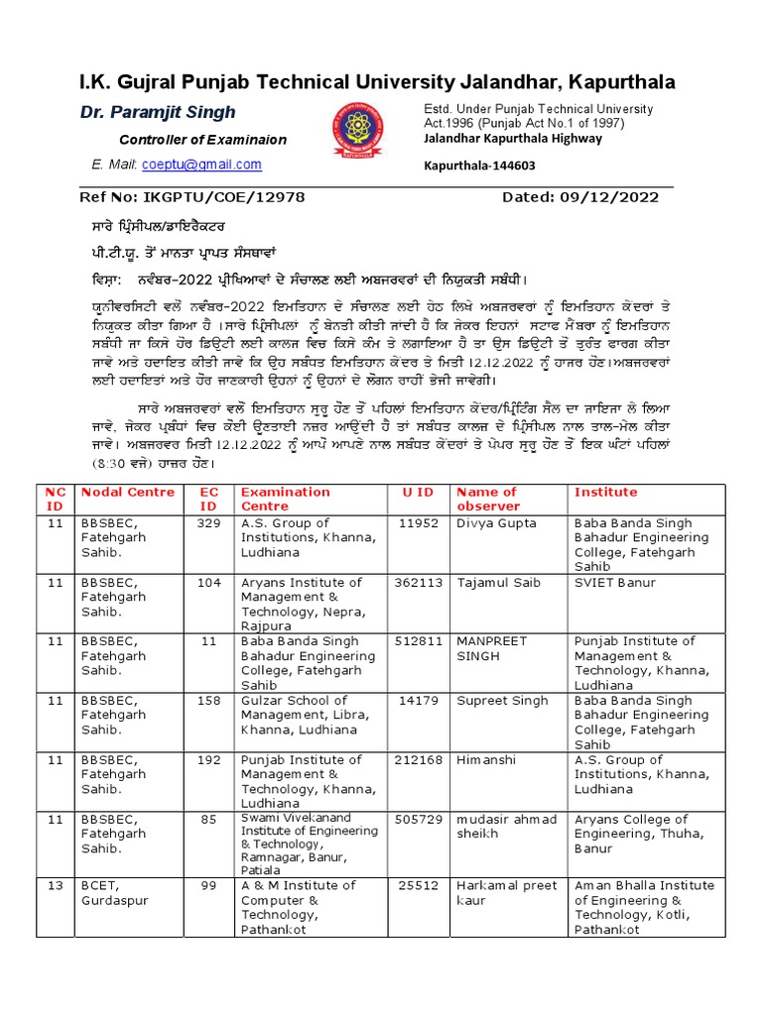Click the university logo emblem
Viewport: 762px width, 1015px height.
361,134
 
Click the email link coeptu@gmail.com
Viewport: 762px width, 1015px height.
211,165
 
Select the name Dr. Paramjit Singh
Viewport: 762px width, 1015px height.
158,112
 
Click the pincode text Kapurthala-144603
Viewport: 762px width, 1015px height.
480,166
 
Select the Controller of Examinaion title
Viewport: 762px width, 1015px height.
202,140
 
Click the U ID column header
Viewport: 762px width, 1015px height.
418,492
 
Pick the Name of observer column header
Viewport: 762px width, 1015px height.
486,499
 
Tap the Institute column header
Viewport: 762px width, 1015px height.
605,492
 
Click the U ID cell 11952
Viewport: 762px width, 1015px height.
418,523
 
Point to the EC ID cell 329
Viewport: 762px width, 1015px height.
208,523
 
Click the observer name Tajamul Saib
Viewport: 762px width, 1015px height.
500,583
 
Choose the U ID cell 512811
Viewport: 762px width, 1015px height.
418,641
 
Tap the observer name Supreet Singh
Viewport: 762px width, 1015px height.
502,701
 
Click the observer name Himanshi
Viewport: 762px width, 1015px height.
486,759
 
